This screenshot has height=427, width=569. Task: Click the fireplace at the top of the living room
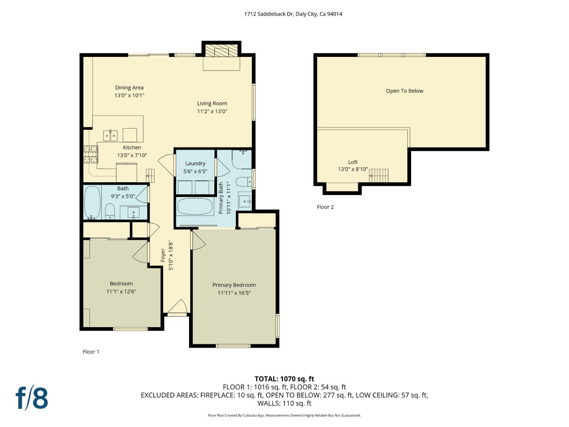point(222,52)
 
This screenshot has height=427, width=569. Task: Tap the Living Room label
point(212,103)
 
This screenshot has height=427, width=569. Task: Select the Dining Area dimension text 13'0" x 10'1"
point(129,96)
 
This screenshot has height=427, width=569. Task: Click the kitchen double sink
point(110,136)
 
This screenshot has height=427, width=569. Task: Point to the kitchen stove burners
point(91,154)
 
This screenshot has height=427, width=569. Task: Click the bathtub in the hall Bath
point(92,203)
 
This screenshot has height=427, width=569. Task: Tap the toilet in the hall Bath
point(110,211)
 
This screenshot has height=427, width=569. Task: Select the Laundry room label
point(195,164)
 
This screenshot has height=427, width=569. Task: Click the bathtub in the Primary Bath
point(195,206)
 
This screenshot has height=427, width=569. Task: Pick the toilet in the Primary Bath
point(243,182)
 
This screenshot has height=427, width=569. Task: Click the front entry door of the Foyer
point(177,308)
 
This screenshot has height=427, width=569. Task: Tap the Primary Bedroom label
point(234,285)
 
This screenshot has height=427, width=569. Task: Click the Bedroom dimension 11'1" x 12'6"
point(121,291)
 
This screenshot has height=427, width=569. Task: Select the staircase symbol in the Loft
point(379,175)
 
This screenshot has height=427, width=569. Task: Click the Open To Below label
point(404,91)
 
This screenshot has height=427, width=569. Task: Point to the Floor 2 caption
point(325,207)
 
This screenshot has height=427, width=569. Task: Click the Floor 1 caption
point(91,351)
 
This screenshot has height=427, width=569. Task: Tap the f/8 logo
point(32,398)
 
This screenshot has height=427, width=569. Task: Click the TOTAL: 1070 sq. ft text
point(284,378)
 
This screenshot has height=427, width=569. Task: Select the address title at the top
point(293,14)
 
